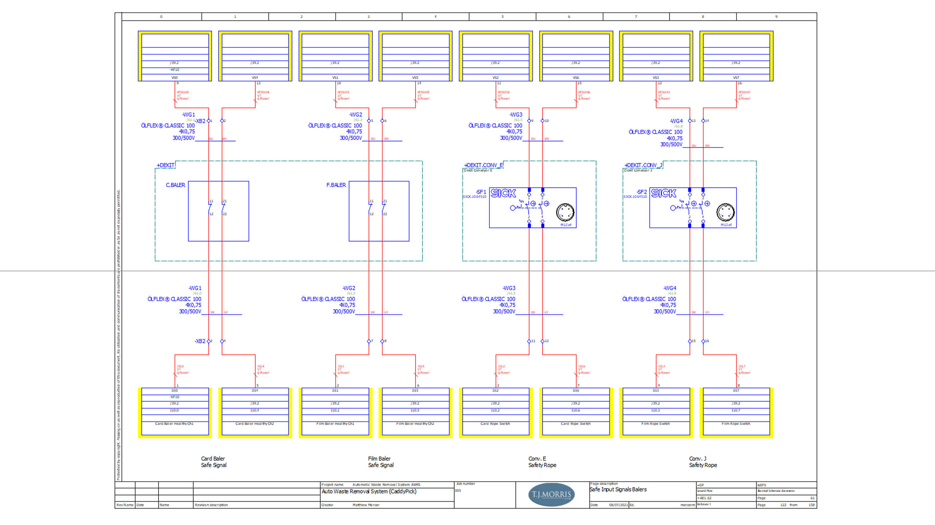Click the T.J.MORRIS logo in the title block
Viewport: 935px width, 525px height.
(551, 494)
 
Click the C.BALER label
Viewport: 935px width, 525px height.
(175, 185)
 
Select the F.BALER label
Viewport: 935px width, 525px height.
(336, 185)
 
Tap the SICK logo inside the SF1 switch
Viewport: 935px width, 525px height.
(503, 193)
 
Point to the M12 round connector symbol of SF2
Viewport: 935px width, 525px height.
(725, 213)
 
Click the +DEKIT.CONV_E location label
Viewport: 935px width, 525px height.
(483, 165)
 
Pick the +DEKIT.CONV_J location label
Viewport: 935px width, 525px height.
(643, 165)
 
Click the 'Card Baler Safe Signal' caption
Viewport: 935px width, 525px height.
(214, 462)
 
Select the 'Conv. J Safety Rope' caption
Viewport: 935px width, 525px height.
(703, 462)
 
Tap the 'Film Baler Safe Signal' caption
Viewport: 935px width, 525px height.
(380, 462)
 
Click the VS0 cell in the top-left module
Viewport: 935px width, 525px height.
(175, 78)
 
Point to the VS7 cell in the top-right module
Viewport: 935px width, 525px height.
(736, 78)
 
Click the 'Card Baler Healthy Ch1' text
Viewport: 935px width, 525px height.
(174, 424)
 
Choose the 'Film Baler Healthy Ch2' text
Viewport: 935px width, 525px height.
(415, 424)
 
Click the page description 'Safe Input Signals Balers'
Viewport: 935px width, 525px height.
(618, 490)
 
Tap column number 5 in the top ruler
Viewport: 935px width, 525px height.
(502, 17)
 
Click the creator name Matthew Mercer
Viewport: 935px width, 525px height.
(366, 505)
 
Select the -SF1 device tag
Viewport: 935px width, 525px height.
(481, 192)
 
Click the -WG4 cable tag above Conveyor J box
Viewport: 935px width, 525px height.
(676, 121)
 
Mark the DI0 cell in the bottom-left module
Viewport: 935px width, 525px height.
(175, 390)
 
